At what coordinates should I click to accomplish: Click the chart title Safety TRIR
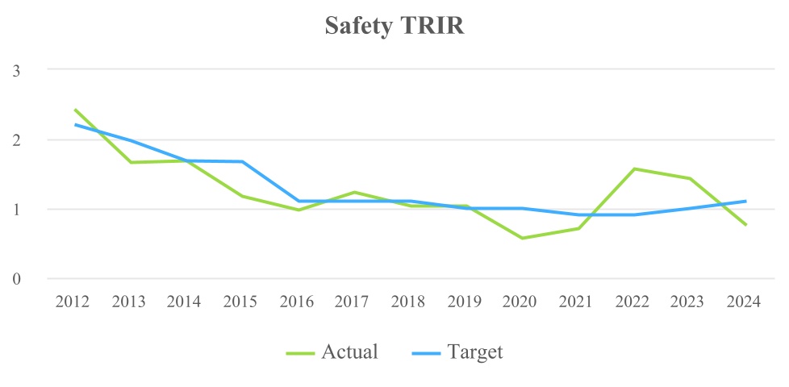pos(394,26)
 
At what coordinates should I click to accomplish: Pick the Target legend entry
pos(459,352)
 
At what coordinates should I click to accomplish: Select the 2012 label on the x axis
pos(73,303)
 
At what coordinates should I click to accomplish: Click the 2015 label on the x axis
pos(240,303)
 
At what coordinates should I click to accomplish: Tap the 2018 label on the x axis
pos(408,303)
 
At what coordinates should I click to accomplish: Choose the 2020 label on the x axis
pos(520,303)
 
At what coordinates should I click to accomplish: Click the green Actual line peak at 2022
pos(634,169)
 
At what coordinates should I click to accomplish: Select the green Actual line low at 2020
pos(522,238)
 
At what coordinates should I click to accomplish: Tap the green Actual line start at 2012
pos(75,110)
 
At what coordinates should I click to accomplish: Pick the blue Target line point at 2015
pos(242,161)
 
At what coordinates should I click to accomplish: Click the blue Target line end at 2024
pos(745,201)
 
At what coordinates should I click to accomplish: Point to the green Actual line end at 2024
pos(745,225)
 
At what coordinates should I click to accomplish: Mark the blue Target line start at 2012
pos(75,124)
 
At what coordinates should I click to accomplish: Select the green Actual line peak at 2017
pos(354,192)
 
